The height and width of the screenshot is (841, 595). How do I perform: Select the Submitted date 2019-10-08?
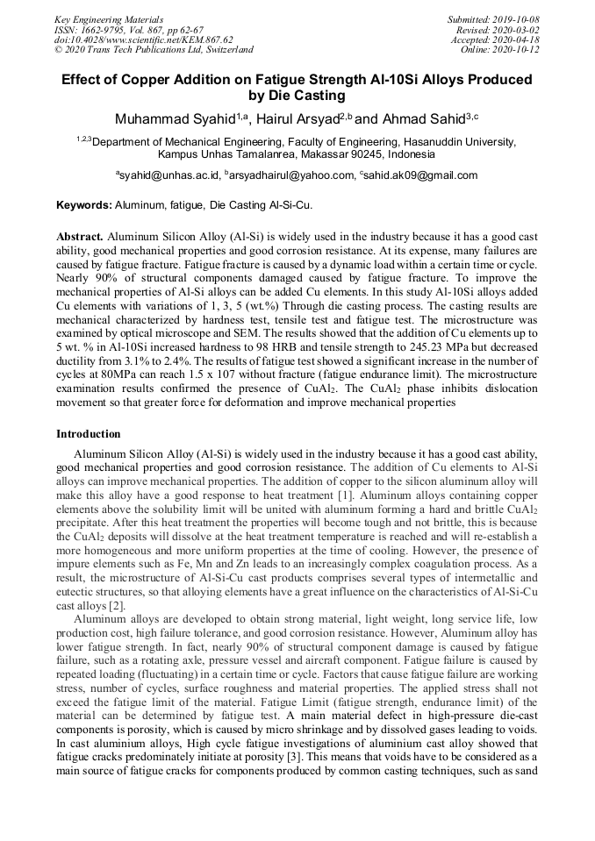[x=515, y=19]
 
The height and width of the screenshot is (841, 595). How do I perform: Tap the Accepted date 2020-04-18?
[x=517, y=39]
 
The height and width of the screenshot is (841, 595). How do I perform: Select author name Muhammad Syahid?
[x=168, y=118]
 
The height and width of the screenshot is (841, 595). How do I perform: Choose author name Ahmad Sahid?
[x=423, y=118]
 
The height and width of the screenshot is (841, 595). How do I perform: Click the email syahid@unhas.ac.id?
[x=170, y=175]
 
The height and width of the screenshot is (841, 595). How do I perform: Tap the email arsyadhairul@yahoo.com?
[x=290, y=175]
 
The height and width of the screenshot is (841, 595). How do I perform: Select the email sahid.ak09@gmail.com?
[x=420, y=175]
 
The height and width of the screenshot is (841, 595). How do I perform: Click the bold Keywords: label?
[x=84, y=205]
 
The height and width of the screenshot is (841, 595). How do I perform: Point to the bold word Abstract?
[x=81, y=237]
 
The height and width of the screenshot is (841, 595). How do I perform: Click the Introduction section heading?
[x=89, y=434]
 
